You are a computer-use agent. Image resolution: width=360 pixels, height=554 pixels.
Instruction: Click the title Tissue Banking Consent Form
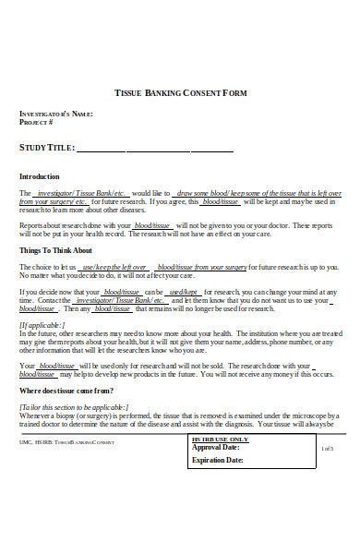[x=180, y=93]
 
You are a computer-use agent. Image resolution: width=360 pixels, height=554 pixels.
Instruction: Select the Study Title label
[x=45, y=148]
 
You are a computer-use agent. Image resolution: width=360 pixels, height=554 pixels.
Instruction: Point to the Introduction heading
[x=40, y=176]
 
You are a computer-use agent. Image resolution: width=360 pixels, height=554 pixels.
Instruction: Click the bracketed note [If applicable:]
[x=42, y=325]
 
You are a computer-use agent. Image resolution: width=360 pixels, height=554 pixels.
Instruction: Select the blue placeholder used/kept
[x=185, y=292]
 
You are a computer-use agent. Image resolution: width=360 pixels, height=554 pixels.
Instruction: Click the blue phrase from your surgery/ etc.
[x=54, y=201]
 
